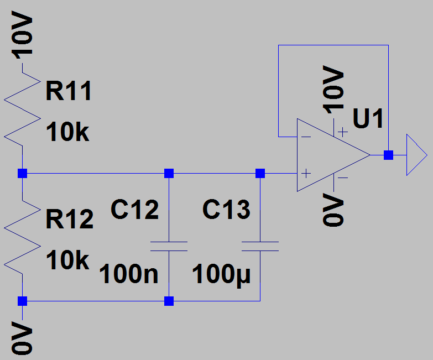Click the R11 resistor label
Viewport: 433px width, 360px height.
click(x=69, y=92)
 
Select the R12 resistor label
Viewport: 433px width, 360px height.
click(x=69, y=220)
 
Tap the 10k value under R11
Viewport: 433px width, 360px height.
click(x=67, y=133)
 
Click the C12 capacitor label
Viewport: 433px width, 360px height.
click(x=134, y=210)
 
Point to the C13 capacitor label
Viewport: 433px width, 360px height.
click(x=226, y=210)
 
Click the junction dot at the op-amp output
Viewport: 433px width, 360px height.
click(x=389, y=155)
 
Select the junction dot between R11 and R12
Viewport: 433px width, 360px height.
click(x=22, y=174)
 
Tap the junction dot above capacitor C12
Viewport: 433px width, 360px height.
click(x=169, y=174)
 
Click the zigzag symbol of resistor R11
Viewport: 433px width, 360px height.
click(x=23, y=113)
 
